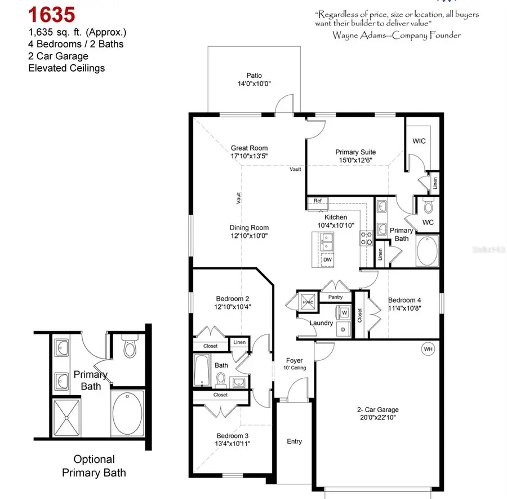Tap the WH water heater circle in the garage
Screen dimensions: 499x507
[x=428, y=350]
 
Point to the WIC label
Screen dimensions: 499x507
[x=419, y=140]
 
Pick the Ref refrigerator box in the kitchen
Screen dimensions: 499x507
[x=318, y=201]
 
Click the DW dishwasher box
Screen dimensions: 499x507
[x=327, y=259]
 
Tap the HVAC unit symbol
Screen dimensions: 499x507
[x=308, y=301]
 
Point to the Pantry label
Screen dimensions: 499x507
[x=335, y=297]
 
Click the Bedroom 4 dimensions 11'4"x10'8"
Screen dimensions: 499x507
[x=404, y=308]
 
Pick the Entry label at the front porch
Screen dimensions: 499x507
[x=294, y=441]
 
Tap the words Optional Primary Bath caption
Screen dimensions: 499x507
[x=94, y=466]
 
